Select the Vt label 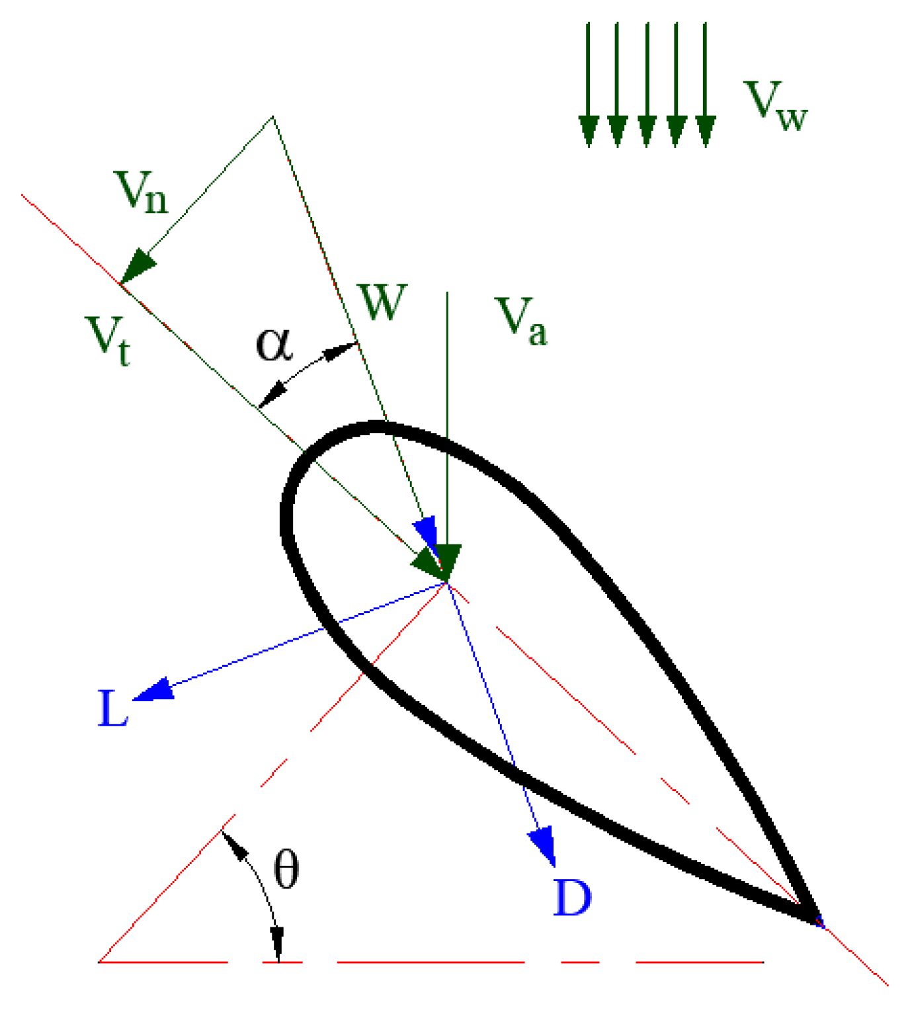[108, 339]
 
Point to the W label [382, 302]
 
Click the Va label [522, 321]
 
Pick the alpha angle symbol [274, 345]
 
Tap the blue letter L [112, 708]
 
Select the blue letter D [572, 898]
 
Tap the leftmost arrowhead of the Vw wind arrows [589, 131]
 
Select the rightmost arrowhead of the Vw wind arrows [706, 131]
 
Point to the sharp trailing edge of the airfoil [817, 919]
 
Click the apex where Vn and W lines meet [272, 117]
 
